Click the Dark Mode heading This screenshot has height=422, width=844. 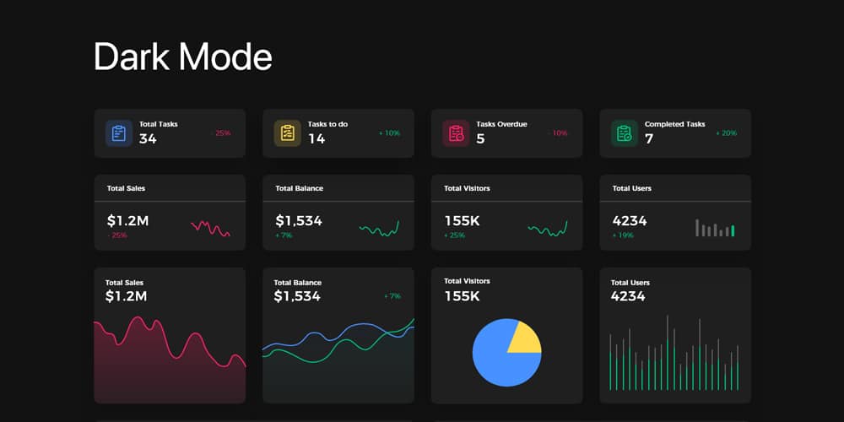[183, 57]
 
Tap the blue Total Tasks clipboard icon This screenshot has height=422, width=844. [119, 133]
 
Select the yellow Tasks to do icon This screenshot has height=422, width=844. [288, 133]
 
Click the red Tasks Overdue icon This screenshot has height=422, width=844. [456, 133]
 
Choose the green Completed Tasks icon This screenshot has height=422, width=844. [625, 133]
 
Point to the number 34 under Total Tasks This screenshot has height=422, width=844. [148, 138]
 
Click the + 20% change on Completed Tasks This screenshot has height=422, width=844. [726, 133]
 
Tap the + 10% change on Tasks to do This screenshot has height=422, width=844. [389, 133]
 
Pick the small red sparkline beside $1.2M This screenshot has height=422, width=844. [210, 228]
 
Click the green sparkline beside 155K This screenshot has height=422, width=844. [548, 229]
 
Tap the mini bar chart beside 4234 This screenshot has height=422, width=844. [715, 228]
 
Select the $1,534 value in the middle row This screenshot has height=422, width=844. [299, 220]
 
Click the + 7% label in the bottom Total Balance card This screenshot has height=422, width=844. [392, 296]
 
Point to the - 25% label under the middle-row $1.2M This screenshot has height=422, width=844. [117, 235]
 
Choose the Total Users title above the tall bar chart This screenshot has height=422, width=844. [630, 283]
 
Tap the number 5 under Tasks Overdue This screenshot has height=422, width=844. [480, 138]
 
